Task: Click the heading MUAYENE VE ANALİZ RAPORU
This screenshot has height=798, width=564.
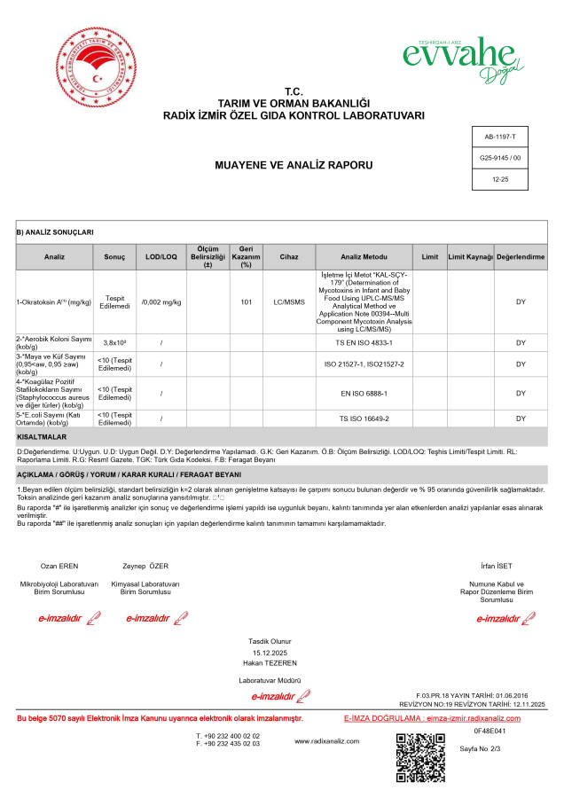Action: point(282,165)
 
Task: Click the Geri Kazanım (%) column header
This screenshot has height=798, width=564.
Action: point(247,256)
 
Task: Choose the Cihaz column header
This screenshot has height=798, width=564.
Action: point(289,256)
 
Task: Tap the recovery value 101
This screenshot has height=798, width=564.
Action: point(247,302)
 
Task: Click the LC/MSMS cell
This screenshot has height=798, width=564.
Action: point(289,302)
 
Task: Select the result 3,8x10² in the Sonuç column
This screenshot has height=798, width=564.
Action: point(114,342)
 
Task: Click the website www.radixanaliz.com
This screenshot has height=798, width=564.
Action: point(325,741)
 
